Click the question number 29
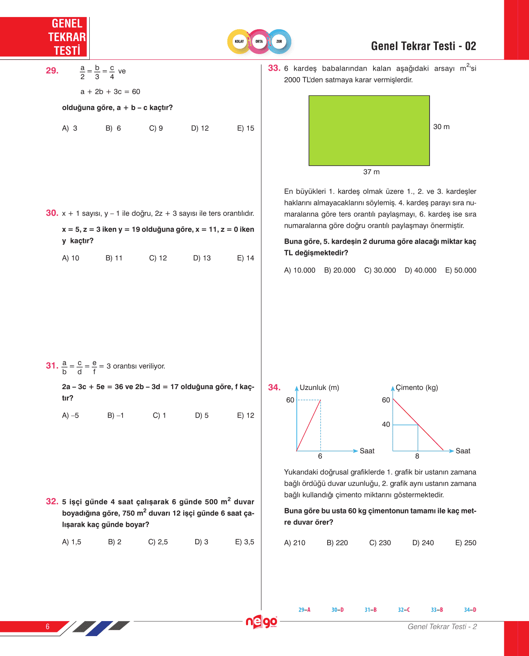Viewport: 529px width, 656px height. click(52, 71)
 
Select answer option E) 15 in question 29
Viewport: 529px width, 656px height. click(245, 128)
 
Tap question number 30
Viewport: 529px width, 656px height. click(52, 213)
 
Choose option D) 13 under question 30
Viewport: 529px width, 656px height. click(202, 258)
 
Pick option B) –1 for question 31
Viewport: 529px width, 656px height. click(116, 416)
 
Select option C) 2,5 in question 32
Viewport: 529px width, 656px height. click(158, 542)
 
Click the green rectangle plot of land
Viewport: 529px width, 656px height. click(369, 130)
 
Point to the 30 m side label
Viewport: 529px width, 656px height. click(441, 127)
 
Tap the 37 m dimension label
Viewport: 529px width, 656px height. click(371, 172)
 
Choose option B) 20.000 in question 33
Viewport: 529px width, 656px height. click(339, 271)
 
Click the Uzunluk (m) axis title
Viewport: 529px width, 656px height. click(319, 388)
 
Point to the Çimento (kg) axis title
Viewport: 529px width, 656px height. click(417, 388)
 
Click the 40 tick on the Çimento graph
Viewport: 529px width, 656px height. click(386, 424)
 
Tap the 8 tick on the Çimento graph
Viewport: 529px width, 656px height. click(417, 456)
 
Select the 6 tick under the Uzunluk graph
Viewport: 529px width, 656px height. click(320, 456)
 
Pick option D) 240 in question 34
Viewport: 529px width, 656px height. click(423, 543)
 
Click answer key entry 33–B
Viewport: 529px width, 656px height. click(437, 610)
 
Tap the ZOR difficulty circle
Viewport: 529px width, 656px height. click(279, 41)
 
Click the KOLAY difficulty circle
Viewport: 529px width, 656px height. click(240, 41)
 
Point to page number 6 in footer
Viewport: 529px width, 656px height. click(48, 626)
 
